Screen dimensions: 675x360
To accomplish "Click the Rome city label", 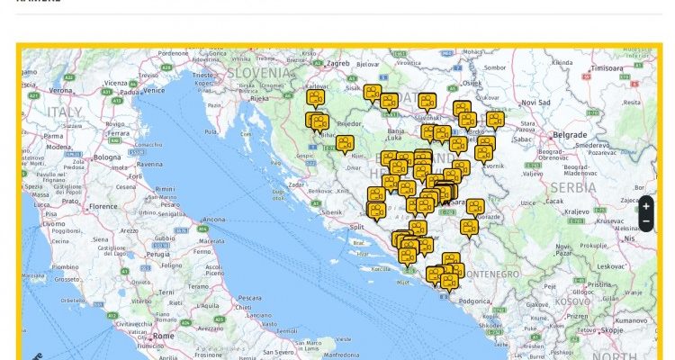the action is tap(163, 336).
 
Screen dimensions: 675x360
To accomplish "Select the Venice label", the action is tap(154, 90).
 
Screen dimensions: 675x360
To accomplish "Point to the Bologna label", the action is tap(107, 157).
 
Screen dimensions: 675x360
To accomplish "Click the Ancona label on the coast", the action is tap(213, 220).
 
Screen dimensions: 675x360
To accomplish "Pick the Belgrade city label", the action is tap(570, 134).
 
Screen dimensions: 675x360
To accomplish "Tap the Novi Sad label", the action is tap(535, 102).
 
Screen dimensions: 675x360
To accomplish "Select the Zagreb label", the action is tap(337, 64).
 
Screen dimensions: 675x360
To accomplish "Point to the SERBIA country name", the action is tap(573, 187).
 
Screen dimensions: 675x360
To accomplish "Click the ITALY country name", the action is tap(64, 112).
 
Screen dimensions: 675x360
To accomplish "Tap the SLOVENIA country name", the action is tap(259, 71).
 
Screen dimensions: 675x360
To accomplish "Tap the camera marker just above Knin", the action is tap(345, 143).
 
